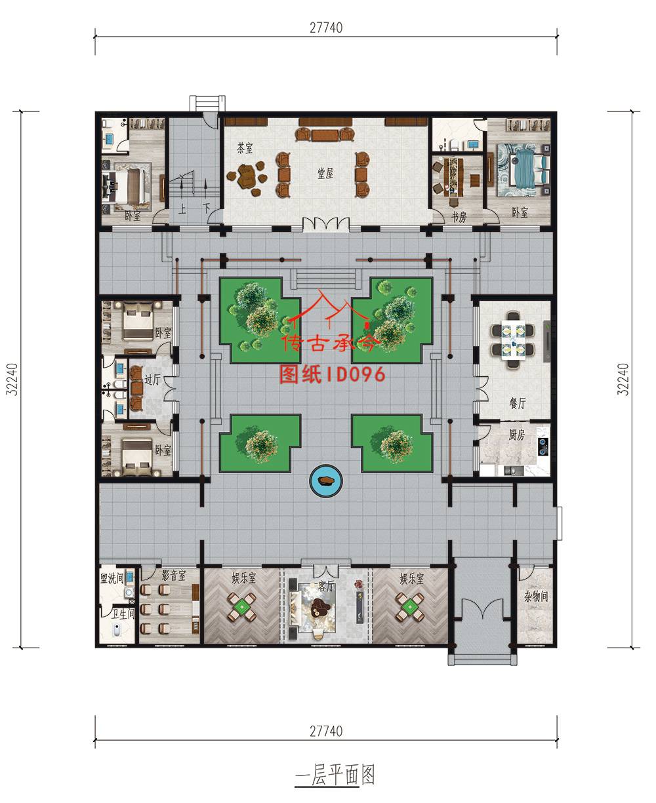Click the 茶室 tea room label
click(245, 147)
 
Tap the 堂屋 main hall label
click(325, 174)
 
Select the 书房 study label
click(459, 218)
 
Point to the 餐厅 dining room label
click(518, 403)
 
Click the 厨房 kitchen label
click(516, 435)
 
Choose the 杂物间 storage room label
click(536, 597)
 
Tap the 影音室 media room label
click(174, 576)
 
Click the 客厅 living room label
click(326, 587)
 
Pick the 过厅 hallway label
click(152, 380)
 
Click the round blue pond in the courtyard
click(326, 481)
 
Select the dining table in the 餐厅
click(513, 340)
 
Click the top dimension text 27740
click(326, 28)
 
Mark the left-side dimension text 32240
click(12, 380)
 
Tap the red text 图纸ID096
click(332, 374)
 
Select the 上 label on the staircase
click(182, 209)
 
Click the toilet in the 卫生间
click(117, 630)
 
